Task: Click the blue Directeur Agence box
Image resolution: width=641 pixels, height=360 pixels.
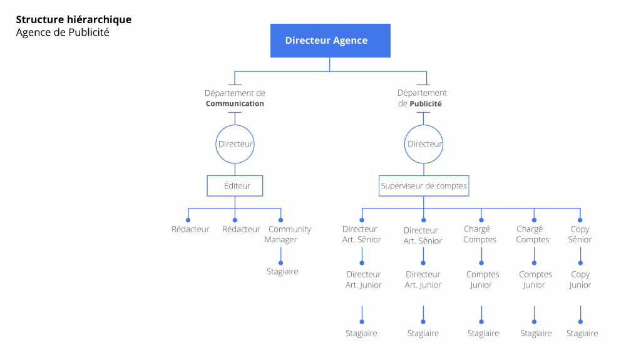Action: coord(331,41)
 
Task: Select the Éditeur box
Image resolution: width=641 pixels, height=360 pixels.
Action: coord(235,186)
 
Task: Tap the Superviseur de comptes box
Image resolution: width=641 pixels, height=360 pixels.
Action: coord(424,186)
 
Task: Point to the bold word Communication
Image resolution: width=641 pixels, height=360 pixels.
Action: coord(235,103)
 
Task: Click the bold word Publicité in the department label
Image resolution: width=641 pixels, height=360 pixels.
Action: coord(426,104)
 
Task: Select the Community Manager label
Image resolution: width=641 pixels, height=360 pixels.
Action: coord(287,234)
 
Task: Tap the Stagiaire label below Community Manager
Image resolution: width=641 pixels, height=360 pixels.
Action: coord(282,271)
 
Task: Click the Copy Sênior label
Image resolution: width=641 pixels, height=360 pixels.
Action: coord(580,234)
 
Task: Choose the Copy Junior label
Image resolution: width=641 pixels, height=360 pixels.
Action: coord(580,280)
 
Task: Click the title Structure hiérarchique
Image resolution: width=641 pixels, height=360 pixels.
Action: coord(74,19)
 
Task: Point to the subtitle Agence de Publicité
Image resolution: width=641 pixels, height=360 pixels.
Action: coord(63,33)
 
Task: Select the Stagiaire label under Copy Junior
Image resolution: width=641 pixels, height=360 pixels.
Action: coord(582,334)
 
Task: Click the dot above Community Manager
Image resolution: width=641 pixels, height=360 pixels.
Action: coord(281,220)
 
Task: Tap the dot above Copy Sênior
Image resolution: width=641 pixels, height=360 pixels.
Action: coord(580,220)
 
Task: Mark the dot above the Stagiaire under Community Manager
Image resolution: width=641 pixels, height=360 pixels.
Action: coord(281,263)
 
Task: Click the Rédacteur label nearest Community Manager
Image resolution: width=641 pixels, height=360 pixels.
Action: coord(241,229)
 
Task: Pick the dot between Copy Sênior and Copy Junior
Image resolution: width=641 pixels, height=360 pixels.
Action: coord(580,263)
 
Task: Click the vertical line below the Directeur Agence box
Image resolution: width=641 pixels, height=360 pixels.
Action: coord(329,64)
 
